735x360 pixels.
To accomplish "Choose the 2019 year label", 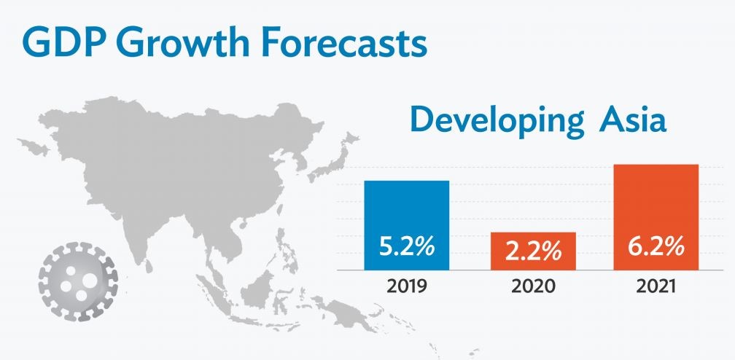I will point(407,286).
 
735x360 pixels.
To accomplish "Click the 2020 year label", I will point(532,286).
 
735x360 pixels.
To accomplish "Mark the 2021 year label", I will point(657,286).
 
